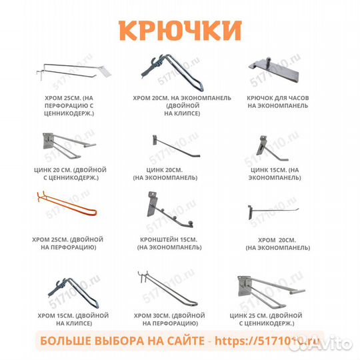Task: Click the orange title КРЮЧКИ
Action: coord(179,30)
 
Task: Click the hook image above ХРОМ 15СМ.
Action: coord(63,288)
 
